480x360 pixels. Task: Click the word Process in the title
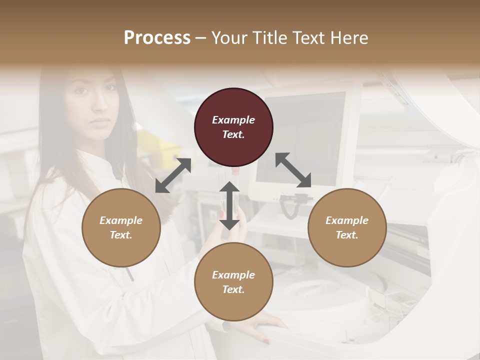(x=157, y=38)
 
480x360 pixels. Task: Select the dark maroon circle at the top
(x=233, y=127)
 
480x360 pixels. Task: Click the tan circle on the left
(x=121, y=227)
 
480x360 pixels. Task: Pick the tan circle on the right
(x=347, y=227)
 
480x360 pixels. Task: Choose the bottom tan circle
(x=233, y=282)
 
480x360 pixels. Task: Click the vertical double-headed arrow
(x=229, y=205)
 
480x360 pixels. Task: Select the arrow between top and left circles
(x=173, y=175)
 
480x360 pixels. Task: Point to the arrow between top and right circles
(x=293, y=170)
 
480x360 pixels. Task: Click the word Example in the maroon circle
(x=233, y=120)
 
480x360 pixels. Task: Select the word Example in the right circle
(x=347, y=220)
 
